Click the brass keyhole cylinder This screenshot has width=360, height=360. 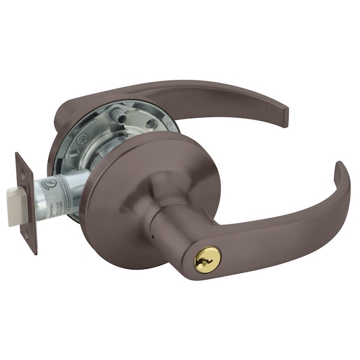coord(207,259)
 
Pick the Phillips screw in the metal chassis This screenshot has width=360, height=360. coord(83,139)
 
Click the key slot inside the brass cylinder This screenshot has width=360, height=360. coord(207,259)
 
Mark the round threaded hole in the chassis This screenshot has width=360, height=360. coord(150,124)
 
